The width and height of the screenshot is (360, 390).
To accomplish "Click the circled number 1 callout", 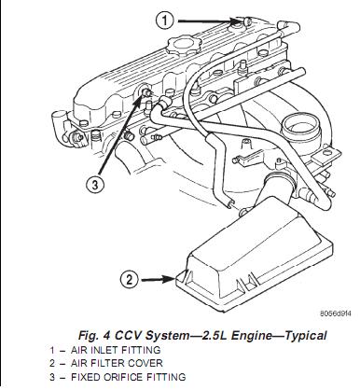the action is [165, 21].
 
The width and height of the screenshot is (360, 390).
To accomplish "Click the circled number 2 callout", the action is [129, 279].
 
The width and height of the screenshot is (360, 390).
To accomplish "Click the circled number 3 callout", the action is [95, 185].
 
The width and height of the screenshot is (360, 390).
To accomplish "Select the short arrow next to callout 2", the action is [158, 279].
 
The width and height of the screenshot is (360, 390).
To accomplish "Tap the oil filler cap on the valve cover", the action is [181, 45].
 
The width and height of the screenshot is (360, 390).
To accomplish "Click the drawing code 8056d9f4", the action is [336, 313].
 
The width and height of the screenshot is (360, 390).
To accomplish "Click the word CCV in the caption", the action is [129, 336].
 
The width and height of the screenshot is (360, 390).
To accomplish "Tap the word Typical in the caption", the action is [306, 336].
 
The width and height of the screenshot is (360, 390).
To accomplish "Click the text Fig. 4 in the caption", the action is [94, 336].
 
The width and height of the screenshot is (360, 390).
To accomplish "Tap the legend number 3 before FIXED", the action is [52, 377].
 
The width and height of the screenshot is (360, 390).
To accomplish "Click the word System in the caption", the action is [167, 336].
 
